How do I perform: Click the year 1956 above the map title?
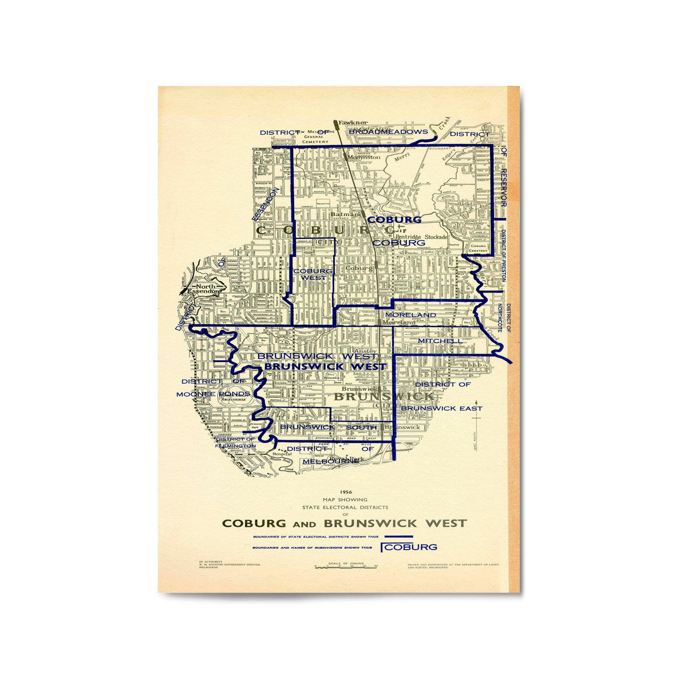(345, 492)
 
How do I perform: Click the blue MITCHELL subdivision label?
(440, 341)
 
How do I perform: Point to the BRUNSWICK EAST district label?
(441, 408)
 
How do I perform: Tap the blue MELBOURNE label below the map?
(331, 461)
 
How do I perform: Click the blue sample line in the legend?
(399, 536)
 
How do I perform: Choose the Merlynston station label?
(364, 157)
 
